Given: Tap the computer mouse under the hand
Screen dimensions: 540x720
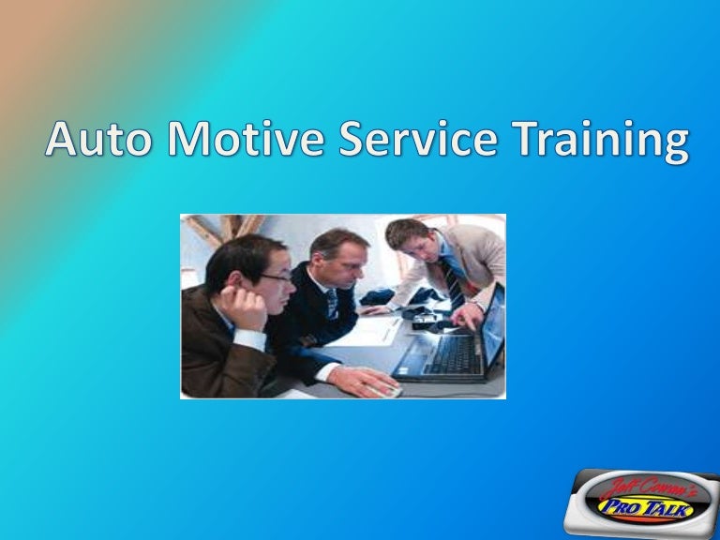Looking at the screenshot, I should (x=389, y=389).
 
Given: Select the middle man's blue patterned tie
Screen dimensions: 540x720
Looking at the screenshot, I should (x=331, y=302).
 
